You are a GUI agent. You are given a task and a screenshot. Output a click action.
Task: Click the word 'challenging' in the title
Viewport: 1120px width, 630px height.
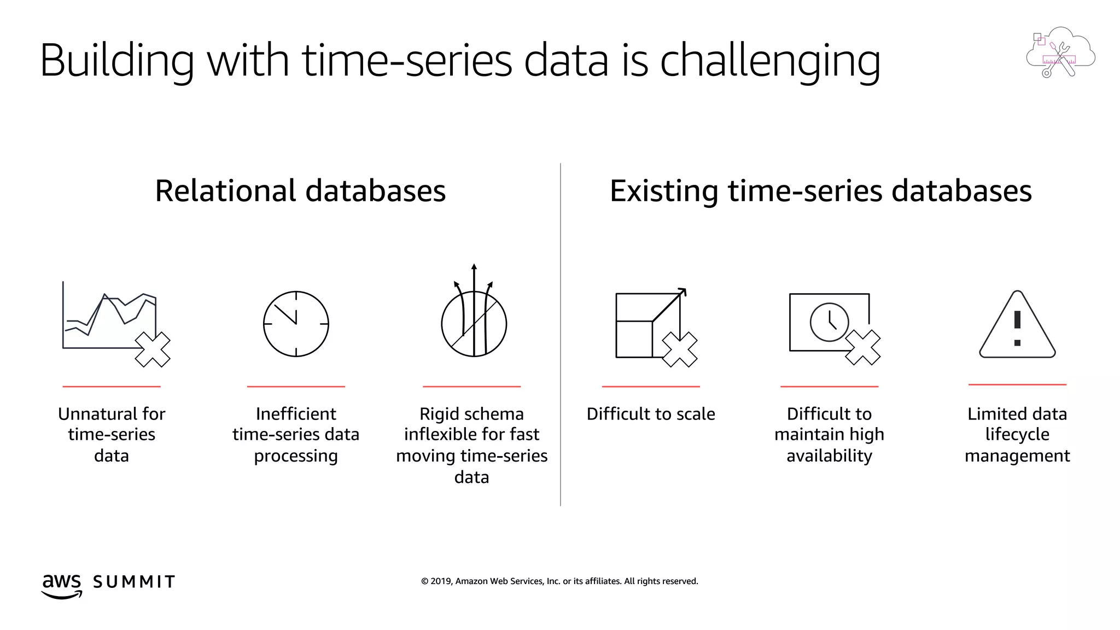coord(770,61)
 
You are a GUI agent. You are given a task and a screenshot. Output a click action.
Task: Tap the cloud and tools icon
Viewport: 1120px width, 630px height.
coord(1060,52)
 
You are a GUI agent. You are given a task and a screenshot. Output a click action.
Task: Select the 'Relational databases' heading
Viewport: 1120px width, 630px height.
coord(300,191)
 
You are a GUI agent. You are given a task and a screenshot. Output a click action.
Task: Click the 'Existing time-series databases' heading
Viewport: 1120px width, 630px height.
coord(820,191)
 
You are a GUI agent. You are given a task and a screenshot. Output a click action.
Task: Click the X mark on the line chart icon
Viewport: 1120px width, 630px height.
coord(153,349)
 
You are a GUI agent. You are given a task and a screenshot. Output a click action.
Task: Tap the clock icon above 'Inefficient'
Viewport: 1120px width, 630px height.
coord(296,324)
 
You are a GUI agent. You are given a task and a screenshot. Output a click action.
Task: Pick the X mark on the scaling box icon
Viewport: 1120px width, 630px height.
coord(680,349)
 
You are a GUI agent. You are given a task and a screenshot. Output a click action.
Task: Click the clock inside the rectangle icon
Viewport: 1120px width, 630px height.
coord(829,322)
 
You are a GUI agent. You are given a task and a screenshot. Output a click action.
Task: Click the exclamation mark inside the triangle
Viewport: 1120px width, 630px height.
coord(1017,328)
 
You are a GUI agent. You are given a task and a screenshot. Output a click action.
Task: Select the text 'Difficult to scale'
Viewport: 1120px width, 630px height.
coord(651,414)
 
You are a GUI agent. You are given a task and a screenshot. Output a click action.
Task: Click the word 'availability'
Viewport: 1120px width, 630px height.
coord(829,456)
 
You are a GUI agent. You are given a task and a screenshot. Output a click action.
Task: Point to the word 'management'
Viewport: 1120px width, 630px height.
coord(1017,456)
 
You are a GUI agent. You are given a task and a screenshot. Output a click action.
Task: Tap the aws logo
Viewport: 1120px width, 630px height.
coord(62,585)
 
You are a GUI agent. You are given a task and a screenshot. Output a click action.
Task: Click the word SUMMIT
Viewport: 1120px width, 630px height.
coord(134,582)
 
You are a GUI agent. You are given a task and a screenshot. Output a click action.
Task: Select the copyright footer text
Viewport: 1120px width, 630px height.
coord(559,581)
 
